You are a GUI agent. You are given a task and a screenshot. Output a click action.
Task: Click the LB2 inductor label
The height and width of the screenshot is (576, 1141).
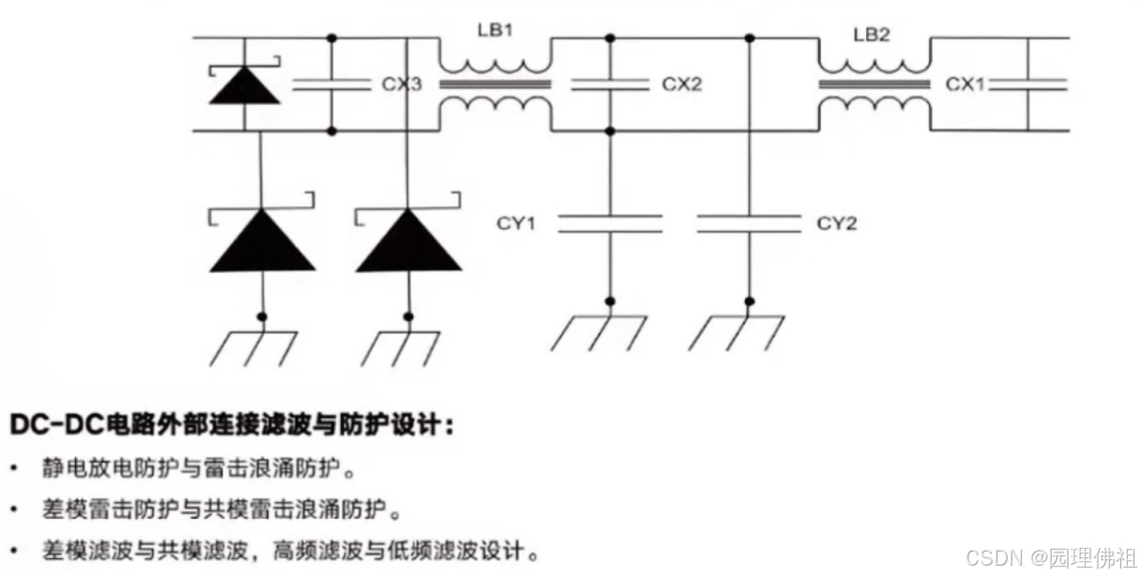pyautogui.click(x=871, y=36)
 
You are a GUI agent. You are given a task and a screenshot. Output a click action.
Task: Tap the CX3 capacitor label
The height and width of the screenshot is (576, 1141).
pyautogui.click(x=402, y=84)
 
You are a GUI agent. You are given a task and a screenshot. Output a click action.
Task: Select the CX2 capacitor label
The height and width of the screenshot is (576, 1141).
pyautogui.click(x=682, y=84)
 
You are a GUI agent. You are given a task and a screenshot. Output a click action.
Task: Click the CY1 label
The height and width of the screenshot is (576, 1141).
pyautogui.click(x=516, y=223)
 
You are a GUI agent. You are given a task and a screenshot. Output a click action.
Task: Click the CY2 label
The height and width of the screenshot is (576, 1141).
pyautogui.click(x=837, y=223)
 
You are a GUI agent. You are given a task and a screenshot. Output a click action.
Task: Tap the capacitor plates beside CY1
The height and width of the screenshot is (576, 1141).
pyautogui.click(x=610, y=223)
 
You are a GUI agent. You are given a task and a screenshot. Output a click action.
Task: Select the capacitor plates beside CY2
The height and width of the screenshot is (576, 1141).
pyautogui.click(x=749, y=223)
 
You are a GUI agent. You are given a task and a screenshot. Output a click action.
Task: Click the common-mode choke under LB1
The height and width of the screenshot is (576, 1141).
pyautogui.click(x=495, y=84)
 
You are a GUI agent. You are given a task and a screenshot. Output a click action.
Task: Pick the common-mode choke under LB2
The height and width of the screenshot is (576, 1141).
pyautogui.click(x=875, y=84)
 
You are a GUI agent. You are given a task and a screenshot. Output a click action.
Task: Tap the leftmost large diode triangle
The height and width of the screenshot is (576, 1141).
pyautogui.click(x=262, y=241)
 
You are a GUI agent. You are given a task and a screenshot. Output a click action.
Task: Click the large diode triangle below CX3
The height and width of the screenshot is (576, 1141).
pyautogui.click(x=408, y=241)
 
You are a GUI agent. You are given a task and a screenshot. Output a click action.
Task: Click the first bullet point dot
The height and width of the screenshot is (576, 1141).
pyautogui.click(x=14, y=467)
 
